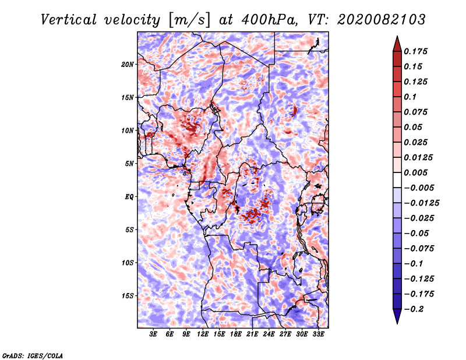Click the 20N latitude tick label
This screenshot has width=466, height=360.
click(x=128, y=64)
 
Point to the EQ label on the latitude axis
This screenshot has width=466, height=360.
click(x=129, y=196)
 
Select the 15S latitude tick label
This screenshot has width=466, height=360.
click(x=128, y=295)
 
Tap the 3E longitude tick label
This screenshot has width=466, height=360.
click(x=154, y=334)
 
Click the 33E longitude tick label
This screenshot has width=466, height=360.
click(x=318, y=334)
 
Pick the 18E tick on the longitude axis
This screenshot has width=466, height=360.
click(x=236, y=334)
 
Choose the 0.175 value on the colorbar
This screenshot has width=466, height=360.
click(x=417, y=51)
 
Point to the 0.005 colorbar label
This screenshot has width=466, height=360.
click(x=417, y=172)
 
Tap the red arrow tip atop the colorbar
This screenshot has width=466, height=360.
click(x=397, y=42)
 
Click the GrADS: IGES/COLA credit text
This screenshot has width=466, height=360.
click(x=33, y=355)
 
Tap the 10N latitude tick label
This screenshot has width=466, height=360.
click(x=128, y=130)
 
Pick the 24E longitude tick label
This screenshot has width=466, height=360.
click(x=269, y=334)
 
